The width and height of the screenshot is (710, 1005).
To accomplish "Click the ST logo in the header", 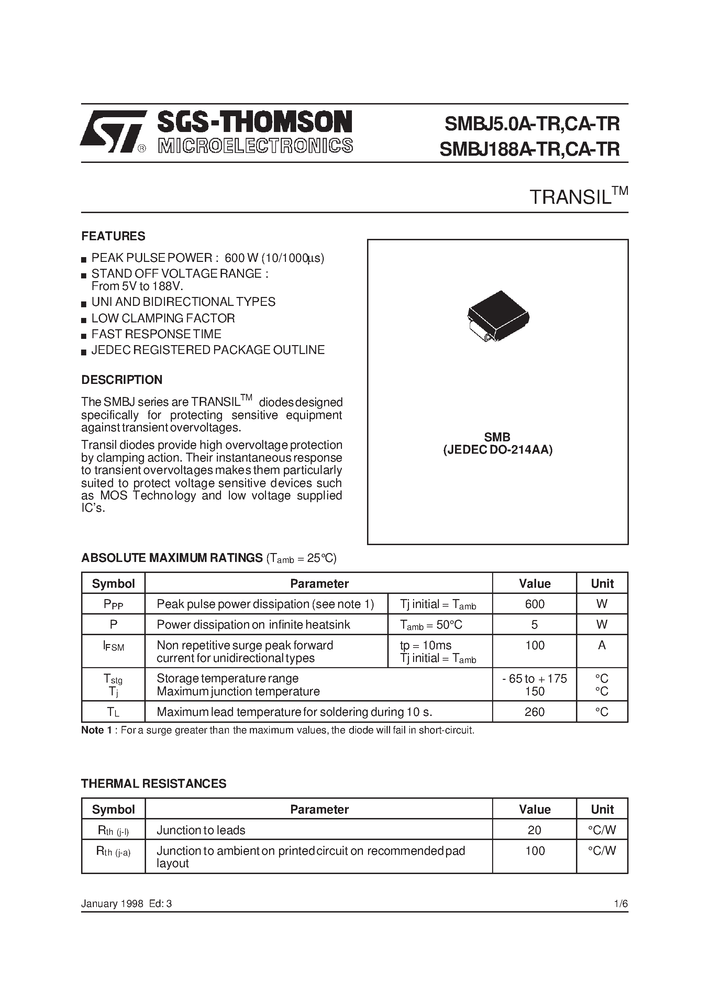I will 112,131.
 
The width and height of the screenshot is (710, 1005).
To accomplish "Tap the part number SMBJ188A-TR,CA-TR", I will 529,149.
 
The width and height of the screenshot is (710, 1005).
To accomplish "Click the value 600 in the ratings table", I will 534,604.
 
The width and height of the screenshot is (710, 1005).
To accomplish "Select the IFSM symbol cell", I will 113,646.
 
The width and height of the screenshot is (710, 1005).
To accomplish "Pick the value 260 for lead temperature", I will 534,712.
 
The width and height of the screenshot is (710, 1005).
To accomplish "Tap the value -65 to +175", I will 534,678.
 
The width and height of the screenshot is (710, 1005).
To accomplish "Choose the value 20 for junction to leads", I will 534,830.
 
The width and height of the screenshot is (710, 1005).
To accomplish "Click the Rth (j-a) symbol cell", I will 113,851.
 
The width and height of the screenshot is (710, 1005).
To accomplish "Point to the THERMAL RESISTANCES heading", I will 154,784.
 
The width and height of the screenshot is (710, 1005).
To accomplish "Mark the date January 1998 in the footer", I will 112,904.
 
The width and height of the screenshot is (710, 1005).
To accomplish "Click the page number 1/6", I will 621,904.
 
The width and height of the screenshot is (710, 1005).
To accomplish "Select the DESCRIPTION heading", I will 122,379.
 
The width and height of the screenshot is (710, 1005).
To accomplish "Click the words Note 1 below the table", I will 92,730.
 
